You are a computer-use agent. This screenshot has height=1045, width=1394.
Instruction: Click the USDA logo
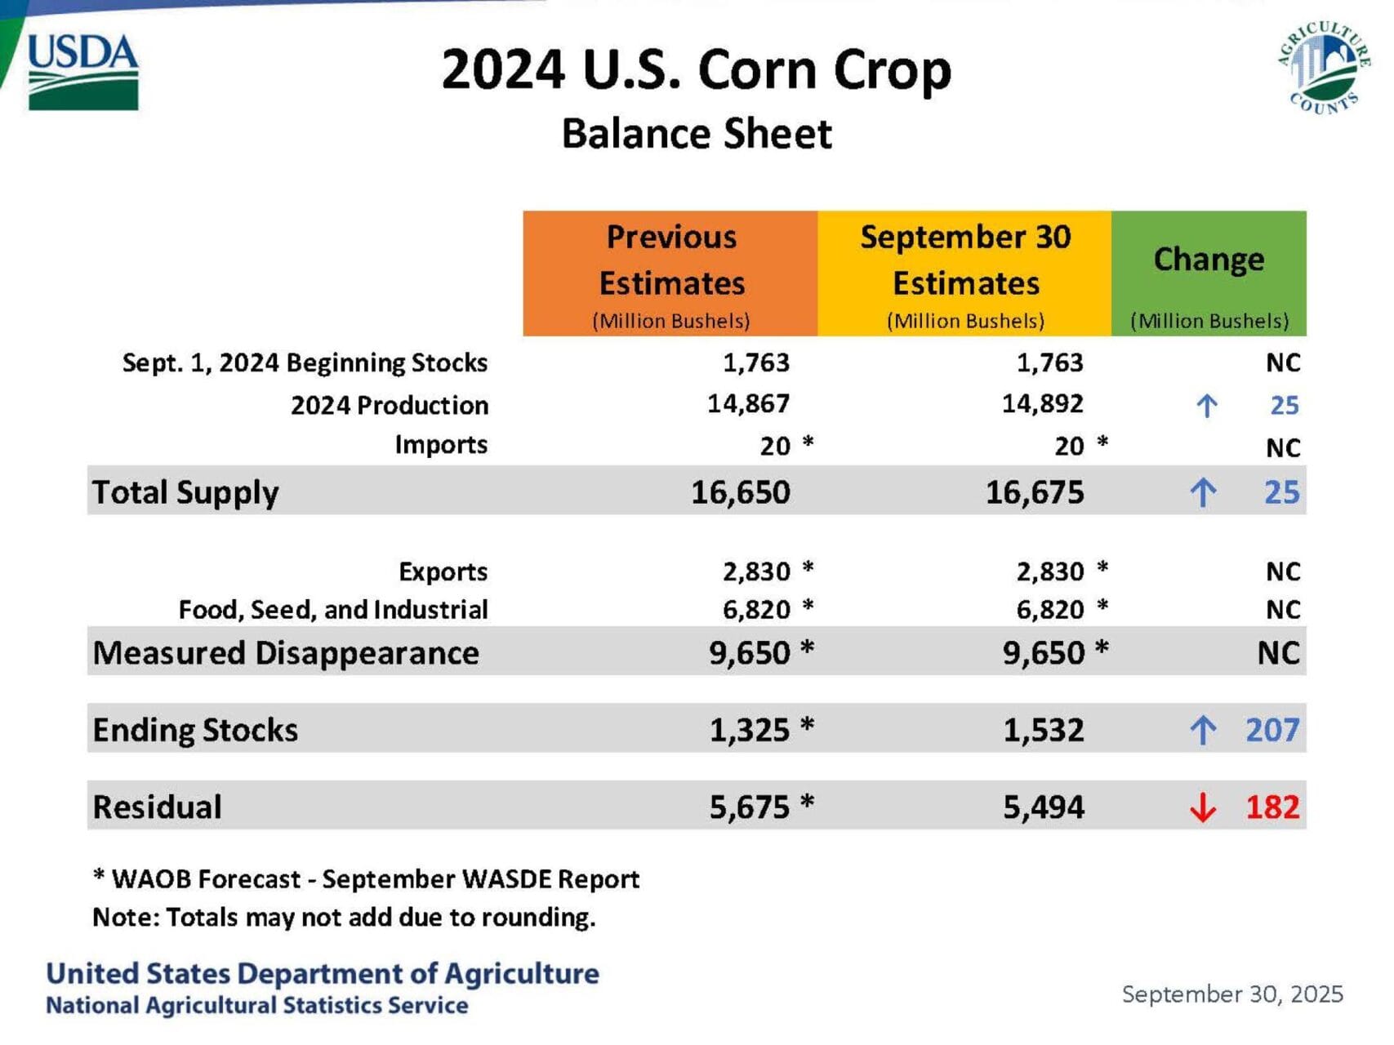[x=82, y=72]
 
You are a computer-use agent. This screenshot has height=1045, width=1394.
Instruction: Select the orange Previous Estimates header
[x=670, y=273]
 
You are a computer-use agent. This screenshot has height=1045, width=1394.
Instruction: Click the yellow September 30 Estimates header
[x=964, y=273]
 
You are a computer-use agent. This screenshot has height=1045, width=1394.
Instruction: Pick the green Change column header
[x=1209, y=273]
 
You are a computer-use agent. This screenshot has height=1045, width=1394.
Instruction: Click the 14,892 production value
[x=1042, y=404]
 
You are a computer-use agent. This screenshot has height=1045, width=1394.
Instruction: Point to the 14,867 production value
[x=748, y=404]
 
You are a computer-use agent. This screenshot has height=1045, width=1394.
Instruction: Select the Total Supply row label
[x=185, y=492]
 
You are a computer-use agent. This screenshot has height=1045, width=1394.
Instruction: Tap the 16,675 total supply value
[x=1035, y=492]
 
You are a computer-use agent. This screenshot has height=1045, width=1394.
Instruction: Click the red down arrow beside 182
[x=1202, y=807]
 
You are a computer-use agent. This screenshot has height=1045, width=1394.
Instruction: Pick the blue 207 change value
[x=1272, y=730]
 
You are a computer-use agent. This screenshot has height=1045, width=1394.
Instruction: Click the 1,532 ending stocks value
[x=1043, y=730]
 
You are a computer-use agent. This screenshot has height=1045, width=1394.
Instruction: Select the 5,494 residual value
[x=1043, y=807]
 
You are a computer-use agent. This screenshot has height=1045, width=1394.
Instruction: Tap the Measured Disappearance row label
[x=286, y=653]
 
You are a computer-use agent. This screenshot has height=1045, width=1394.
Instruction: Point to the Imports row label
[x=441, y=445]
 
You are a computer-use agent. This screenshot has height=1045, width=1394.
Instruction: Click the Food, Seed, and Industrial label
[x=333, y=610]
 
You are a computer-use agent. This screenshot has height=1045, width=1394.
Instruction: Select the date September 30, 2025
[x=1231, y=994]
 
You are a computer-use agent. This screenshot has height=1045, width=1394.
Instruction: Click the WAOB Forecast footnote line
[x=366, y=879]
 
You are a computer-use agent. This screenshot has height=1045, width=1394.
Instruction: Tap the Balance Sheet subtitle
[x=697, y=134]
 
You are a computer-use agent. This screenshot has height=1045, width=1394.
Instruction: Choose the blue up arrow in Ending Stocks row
[x=1202, y=730]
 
